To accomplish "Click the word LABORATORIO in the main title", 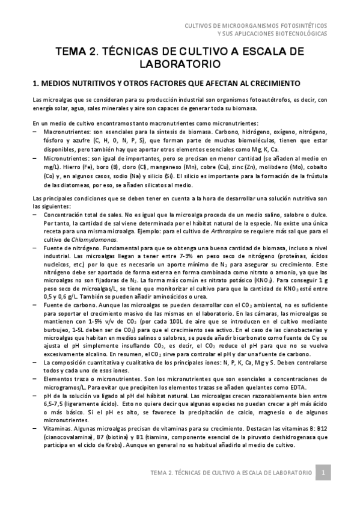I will [x=180, y=62].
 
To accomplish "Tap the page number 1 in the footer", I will [x=323, y=473].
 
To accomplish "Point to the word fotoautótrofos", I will [x=259, y=99].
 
